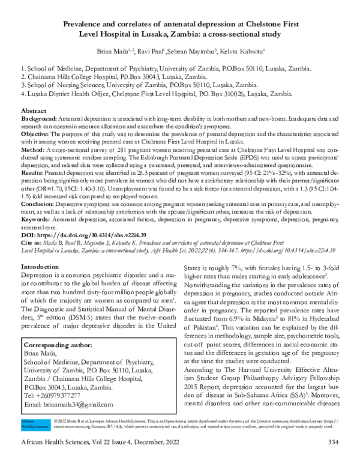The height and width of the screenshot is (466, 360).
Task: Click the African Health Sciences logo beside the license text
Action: tap(28, 441)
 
